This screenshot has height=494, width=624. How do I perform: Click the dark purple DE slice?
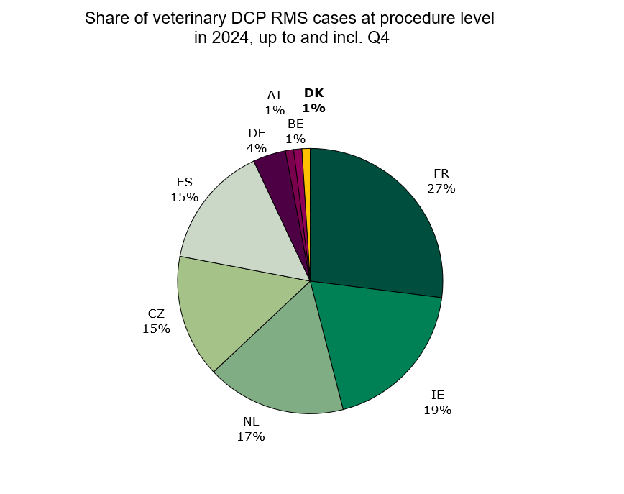(x=274, y=173)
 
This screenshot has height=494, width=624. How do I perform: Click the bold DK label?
(x=314, y=93)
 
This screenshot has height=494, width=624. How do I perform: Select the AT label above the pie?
(x=275, y=95)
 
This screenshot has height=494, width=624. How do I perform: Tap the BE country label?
(x=295, y=124)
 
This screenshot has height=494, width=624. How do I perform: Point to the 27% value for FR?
(x=441, y=188)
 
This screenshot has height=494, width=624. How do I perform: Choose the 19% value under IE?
(x=437, y=410)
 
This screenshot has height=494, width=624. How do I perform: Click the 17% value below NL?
(x=251, y=436)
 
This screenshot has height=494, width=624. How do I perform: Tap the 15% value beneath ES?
(x=184, y=196)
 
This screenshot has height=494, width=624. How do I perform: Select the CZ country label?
(x=156, y=314)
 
